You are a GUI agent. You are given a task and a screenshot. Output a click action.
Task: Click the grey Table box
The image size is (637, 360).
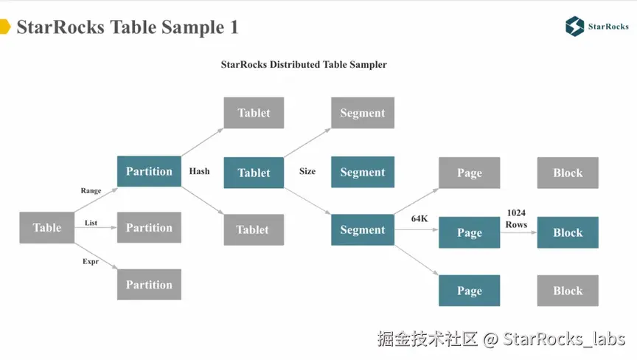coord(47,228)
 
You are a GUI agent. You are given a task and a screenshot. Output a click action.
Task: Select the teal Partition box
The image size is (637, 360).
coord(149,171)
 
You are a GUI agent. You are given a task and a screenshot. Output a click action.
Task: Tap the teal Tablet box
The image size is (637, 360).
coord(254,173)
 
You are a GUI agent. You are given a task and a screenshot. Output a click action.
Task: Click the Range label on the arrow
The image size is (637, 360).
coord(91,191)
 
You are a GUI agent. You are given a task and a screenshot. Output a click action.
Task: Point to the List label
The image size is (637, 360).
coord(91,223)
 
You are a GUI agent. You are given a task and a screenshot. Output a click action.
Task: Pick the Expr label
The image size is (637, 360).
coord(91,261)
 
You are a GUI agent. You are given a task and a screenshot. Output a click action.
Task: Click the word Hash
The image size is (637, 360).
coord(199,171)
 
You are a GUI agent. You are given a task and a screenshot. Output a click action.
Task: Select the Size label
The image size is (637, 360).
coord(307,171)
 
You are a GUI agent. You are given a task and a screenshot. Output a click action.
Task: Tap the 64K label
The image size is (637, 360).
coord(420,219)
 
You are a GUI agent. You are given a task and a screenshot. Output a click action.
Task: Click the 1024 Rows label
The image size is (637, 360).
coord(516,218)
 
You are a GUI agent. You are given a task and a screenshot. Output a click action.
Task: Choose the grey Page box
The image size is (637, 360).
coord(469,173)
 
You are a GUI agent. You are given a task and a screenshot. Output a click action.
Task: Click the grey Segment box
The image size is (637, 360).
coord(363,113)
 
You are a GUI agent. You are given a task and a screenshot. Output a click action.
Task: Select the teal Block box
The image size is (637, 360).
coord(568,232)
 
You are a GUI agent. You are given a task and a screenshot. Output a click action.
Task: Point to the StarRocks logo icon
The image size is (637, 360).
coord(574,27)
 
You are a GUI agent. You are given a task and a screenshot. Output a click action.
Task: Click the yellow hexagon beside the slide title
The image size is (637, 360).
coord(4,28)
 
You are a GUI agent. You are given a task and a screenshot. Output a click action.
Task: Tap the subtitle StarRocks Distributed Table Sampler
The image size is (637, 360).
coord(304,65)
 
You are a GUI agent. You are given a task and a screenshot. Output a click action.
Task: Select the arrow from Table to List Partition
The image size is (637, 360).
coord(96,228)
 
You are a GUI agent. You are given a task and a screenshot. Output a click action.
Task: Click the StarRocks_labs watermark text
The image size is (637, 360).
coord(564,339)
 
